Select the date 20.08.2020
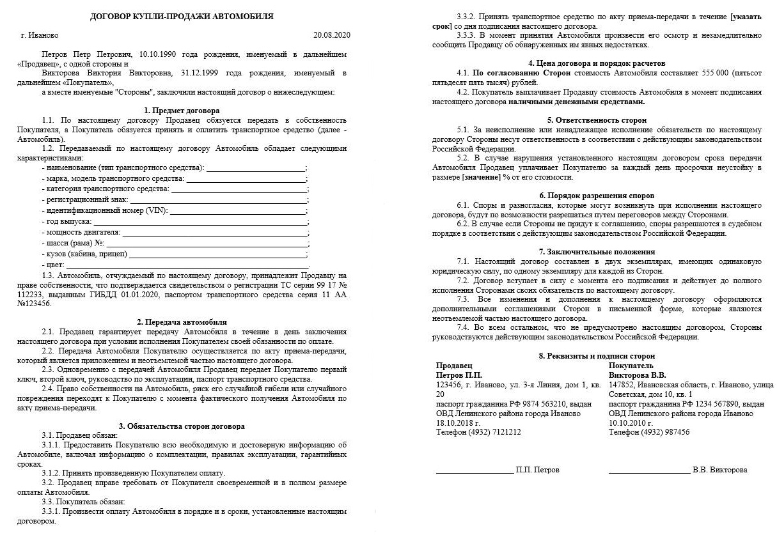(332, 35)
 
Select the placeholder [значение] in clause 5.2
(482, 177)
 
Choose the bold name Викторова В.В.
(637, 375)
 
